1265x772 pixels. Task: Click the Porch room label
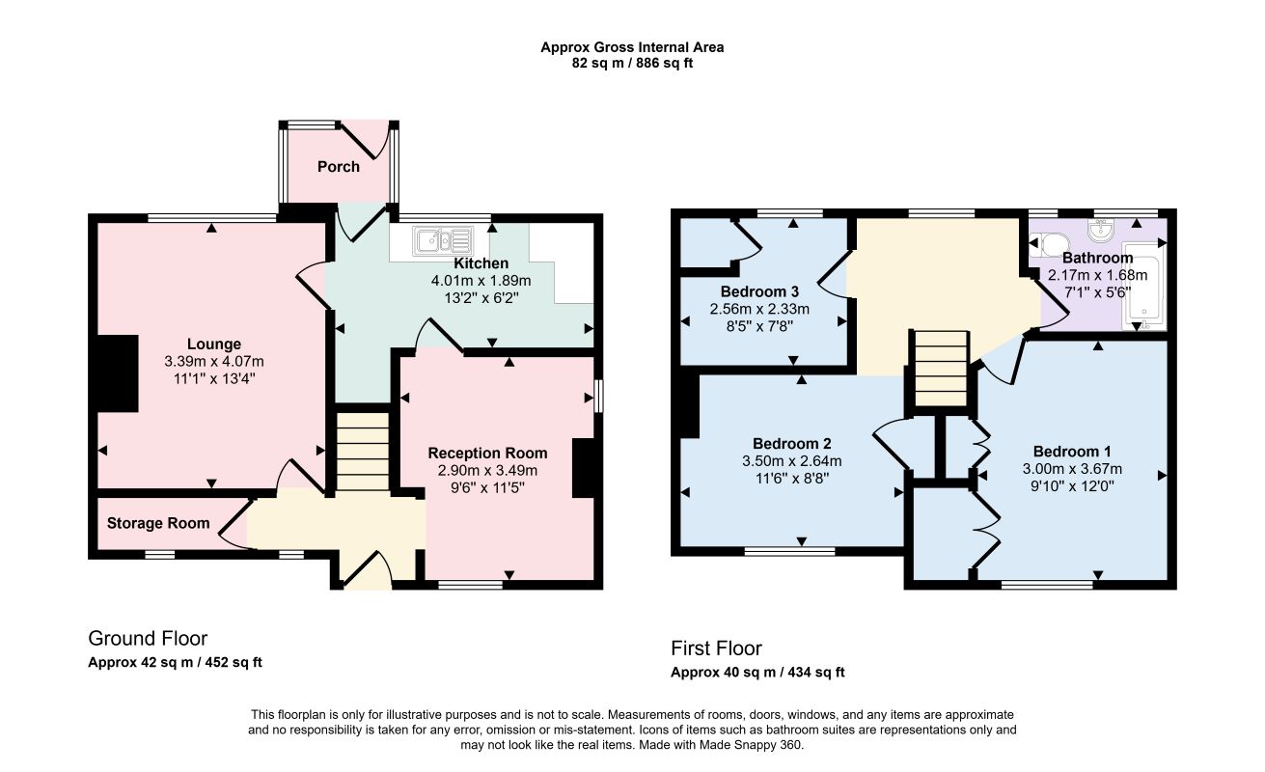pyautogui.click(x=339, y=167)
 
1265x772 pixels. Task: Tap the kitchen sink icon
pyautogui.click(x=443, y=240)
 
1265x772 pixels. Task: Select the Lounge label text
pyautogui.click(x=214, y=344)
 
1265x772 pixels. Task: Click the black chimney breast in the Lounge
pyautogui.click(x=118, y=373)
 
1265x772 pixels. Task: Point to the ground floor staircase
pyautogui.click(x=363, y=452)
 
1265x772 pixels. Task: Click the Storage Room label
pyautogui.click(x=158, y=524)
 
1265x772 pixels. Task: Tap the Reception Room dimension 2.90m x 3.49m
pyautogui.click(x=487, y=470)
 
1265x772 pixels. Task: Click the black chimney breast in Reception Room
pyautogui.click(x=584, y=468)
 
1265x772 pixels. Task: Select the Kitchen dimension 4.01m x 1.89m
pyautogui.click(x=481, y=281)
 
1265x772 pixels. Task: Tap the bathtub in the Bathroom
pyautogui.click(x=1143, y=286)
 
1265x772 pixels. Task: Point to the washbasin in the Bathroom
pyautogui.click(x=1100, y=229)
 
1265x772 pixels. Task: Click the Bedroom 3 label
pyautogui.click(x=759, y=291)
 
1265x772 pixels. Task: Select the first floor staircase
pyautogui.click(x=941, y=369)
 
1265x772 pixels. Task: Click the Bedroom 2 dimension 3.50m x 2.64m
pyautogui.click(x=792, y=461)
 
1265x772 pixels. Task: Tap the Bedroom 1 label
pyautogui.click(x=1072, y=452)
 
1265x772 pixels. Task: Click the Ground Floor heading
pyautogui.click(x=148, y=638)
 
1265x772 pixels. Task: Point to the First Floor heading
pyautogui.click(x=716, y=648)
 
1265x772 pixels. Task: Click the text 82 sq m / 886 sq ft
pyautogui.click(x=632, y=64)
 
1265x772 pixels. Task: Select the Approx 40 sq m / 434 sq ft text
pyautogui.click(x=757, y=672)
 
